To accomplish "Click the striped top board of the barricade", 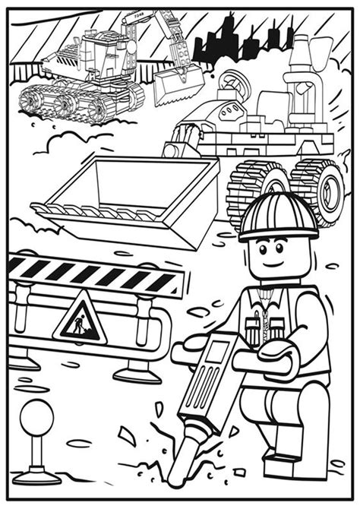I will point(95,275).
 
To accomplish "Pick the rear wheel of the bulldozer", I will point(319,190).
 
